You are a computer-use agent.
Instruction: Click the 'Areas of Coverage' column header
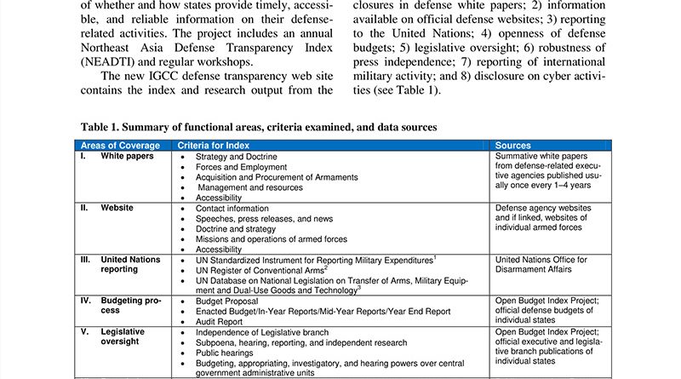point(119,146)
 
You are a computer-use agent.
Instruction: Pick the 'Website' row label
point(117,208)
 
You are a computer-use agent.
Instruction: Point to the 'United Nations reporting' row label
point(130,264)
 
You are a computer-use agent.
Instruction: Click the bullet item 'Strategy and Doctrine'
point(235,157)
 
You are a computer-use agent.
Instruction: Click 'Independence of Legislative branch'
point(260,331)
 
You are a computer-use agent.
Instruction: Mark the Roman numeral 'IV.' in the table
point(86,301)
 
